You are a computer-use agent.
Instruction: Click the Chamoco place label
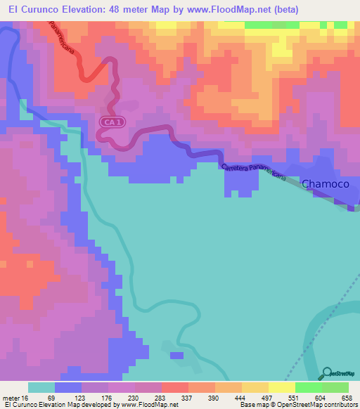click(326, 183)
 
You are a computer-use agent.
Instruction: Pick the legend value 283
click(162, 397)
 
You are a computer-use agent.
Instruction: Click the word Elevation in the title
click(85, 10)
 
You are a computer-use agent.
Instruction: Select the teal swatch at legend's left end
click(41, 387)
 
